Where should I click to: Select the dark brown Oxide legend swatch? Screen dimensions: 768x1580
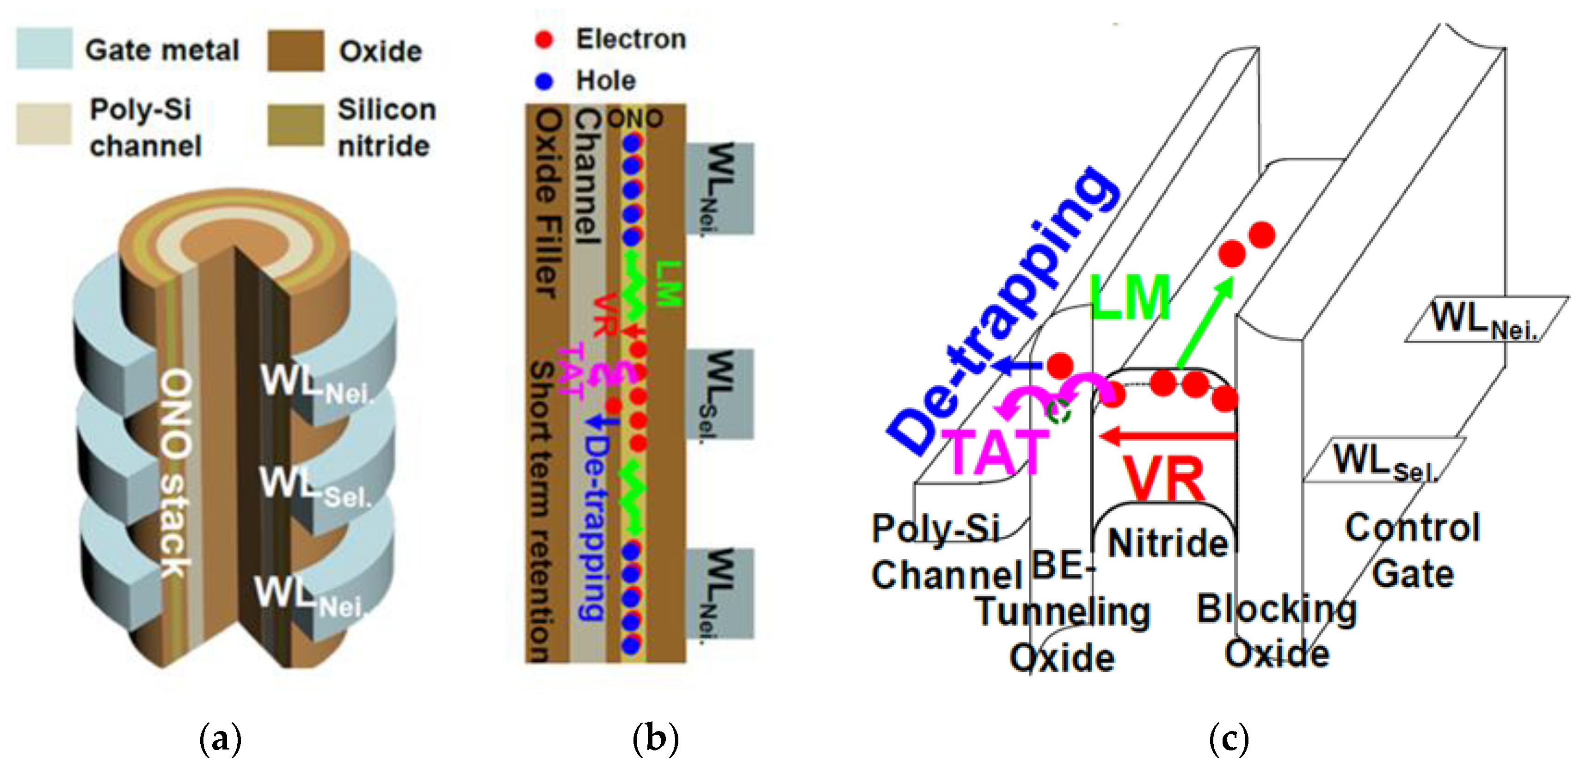coord(295,50)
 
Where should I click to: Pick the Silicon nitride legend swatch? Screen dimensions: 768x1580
coord(295,125)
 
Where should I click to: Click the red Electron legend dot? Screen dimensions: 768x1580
coord(543,40)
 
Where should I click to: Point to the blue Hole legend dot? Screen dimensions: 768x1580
coord(543,81)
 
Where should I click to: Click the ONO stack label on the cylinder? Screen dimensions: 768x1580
coord(175,473)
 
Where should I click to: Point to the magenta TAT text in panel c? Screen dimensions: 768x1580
coord(994,453)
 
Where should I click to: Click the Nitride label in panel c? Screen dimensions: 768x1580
coord(1167,543)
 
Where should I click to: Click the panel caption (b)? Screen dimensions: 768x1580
coord(655,738)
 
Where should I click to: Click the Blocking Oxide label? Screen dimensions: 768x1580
coord(1276,631)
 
